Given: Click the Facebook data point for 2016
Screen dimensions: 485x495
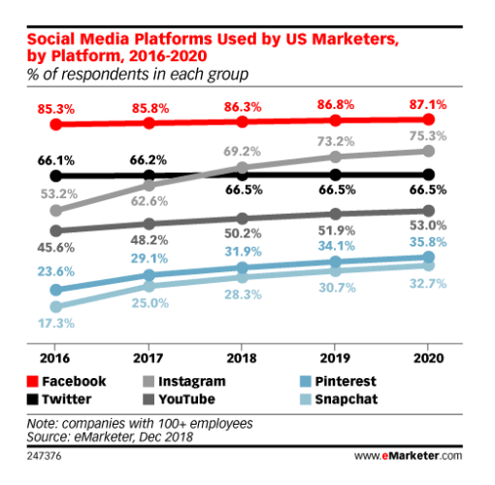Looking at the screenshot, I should [x=56, y=125].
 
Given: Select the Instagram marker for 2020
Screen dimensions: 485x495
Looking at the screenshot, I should [x=429, y=152].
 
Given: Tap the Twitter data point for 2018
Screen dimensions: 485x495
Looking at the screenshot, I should [x=243, y=175].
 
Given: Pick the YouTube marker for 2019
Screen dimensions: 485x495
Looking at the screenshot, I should [x=336, y=214].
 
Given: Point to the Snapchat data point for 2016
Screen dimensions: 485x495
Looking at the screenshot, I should [x=56, y=307].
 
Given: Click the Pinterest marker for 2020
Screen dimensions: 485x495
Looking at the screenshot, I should [x=429, y=259].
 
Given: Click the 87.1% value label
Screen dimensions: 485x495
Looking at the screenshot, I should [x=429, y=102].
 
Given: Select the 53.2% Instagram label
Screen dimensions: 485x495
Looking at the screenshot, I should [x=56, y=193].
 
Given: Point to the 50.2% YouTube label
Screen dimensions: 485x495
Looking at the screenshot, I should [x=243, y=234].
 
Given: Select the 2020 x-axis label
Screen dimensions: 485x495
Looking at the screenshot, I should [x=429, y=357].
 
